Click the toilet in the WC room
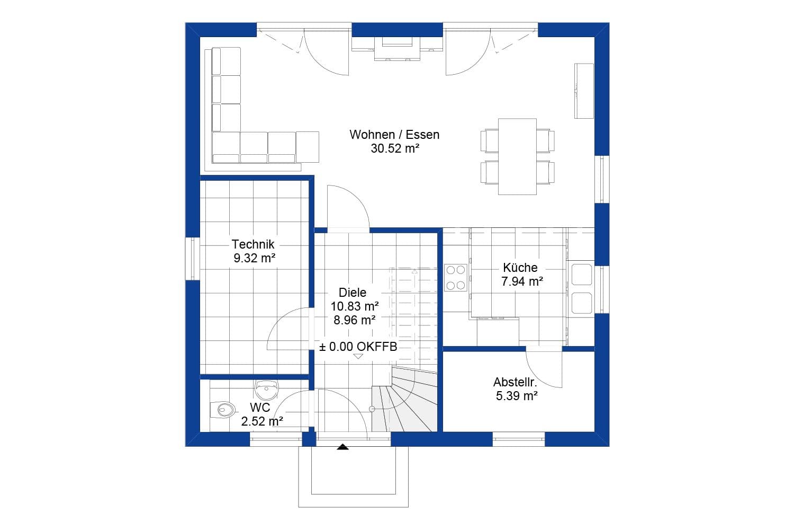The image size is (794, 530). (223, 410)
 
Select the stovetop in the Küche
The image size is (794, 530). (455, 278)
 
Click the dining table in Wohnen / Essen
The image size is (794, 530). (517, 156)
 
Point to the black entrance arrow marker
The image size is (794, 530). (342, 447)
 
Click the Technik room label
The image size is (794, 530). (253, 244)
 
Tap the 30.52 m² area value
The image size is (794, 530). (395, 148)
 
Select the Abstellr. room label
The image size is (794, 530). (516, 382)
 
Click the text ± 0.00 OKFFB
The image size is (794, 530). (358, 347)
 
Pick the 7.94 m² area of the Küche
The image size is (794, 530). (522, 281)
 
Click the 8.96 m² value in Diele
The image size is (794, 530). (355, 320)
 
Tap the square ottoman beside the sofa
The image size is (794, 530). (308, 147)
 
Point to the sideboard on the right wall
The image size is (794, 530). (584, 91)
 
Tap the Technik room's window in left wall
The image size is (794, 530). (193, 259)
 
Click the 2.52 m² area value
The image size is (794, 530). (262, 421)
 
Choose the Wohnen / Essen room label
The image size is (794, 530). (394, 135)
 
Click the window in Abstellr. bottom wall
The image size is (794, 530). (519, 439)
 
